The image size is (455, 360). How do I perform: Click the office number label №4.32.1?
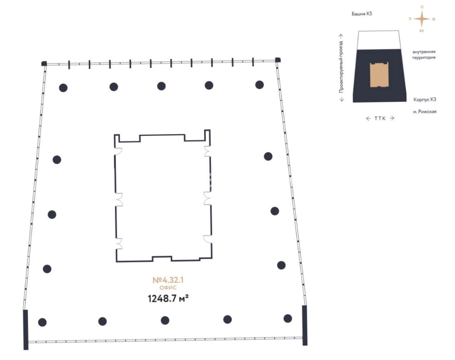(168, 280)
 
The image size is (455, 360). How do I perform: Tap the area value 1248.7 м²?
(168, 298)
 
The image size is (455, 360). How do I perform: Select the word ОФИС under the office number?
(168, 288)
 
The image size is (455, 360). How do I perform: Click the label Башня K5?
(362, 14)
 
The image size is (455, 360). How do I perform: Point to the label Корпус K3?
(425, 99)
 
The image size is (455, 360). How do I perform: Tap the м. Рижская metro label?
(425, 112)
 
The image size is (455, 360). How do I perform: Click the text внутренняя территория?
(424, 55)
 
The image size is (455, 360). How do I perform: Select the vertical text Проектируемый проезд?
(341, 67)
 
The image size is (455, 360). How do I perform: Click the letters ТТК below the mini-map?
(380, 118)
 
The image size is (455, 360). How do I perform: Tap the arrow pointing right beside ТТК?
(392, 118)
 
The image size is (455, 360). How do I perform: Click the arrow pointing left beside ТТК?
(368, 119)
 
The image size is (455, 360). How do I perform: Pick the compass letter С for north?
(422, 7)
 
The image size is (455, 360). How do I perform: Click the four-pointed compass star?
(422, 19)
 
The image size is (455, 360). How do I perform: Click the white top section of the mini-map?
(379, 40)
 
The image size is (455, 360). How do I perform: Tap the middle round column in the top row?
(161, 86)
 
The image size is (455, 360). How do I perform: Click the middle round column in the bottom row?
(165, 320)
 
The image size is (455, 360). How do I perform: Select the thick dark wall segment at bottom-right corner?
(305, 325)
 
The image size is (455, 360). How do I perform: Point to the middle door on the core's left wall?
(119, 199)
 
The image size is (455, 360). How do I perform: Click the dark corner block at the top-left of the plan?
(44, 63)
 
